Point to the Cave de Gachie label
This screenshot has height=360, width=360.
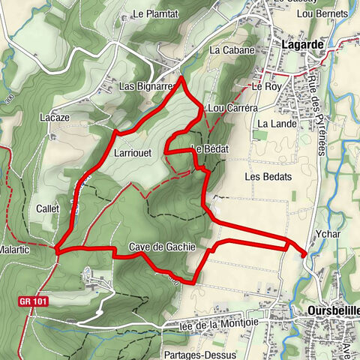click(162, 247)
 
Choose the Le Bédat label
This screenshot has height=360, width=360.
click(210, 148)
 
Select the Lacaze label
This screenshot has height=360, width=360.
click(54, 118)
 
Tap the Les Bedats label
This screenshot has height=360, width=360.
click(262, 177)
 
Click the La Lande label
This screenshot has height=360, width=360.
click(273, 124)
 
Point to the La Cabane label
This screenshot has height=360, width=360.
click(232, 51)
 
